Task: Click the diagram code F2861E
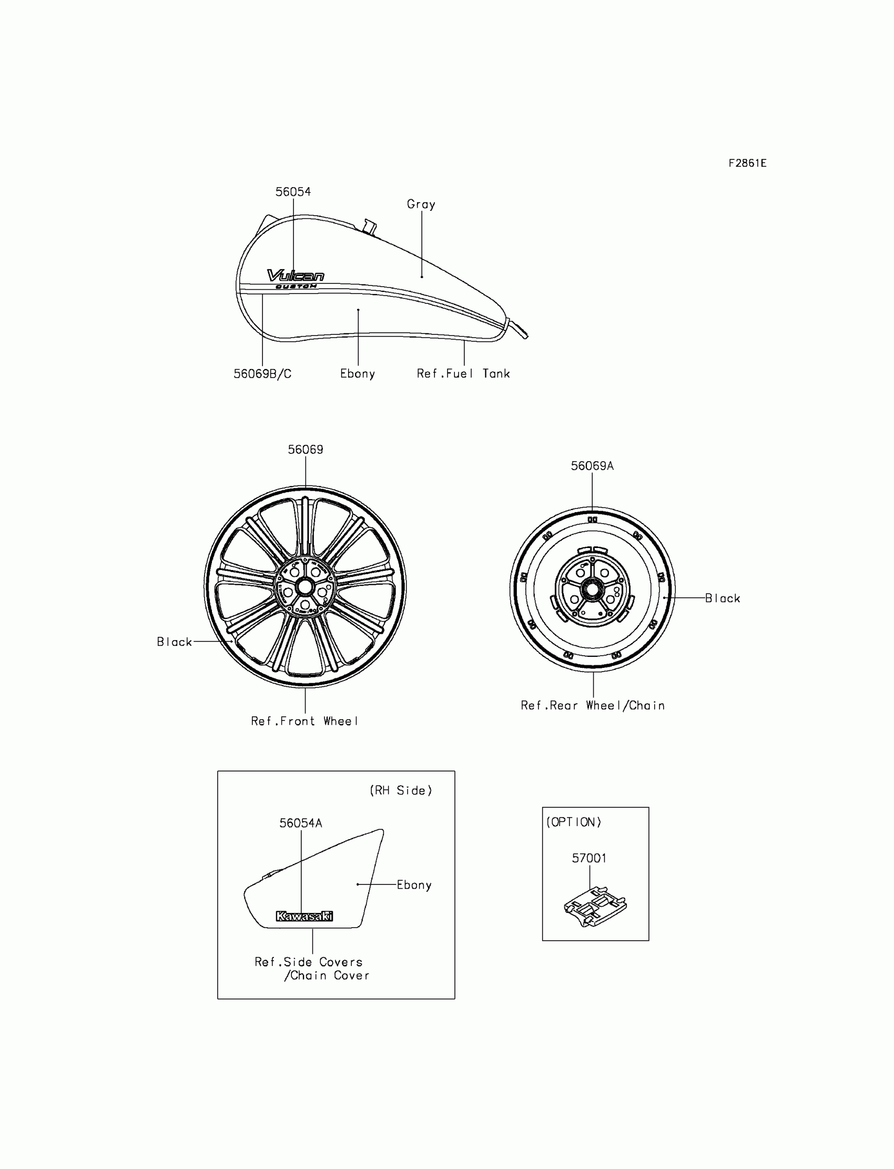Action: coord(747,164)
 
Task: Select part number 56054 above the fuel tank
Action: coord(293,191)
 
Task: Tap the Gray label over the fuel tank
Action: coord(421,205)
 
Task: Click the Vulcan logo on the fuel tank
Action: coord(296,276)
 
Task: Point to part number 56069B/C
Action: coord(262,374)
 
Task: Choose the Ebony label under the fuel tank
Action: coord(357,374)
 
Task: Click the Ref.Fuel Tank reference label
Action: coord(463,374)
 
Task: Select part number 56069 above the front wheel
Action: coord(306,450)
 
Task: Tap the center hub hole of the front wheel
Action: coord(305,587)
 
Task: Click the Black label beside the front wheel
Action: coord(174,642)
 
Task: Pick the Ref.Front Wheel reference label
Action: coord(304,721)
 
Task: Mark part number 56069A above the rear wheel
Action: coord(592,466)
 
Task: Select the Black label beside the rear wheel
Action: coord(722,598)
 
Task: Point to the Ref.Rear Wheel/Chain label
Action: coord(592,706)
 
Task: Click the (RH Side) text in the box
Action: coord(401,791)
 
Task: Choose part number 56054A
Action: coord(301,823)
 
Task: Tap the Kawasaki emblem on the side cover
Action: coord(304,916)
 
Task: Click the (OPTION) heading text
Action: coord(574,822)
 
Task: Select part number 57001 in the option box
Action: coord(589,858)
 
